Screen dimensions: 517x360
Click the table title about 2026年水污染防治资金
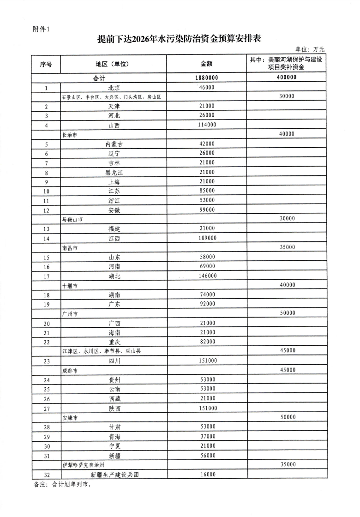[x=180, y=39]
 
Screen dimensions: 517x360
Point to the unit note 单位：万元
[x=310, y=49]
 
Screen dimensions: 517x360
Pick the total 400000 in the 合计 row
[x=287, y=78]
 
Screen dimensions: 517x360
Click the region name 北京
[x=114, y=87]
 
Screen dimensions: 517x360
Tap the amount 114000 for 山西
[x=207, y=125]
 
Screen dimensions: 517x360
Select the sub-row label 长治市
[x=70, y=134]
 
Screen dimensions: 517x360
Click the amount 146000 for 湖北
[x=207, y=276]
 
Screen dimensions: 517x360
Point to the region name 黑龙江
[x=114, y=172]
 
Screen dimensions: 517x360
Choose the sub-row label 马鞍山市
[x=72, y=219]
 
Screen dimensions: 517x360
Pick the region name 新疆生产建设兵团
[x=114, y=474]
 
